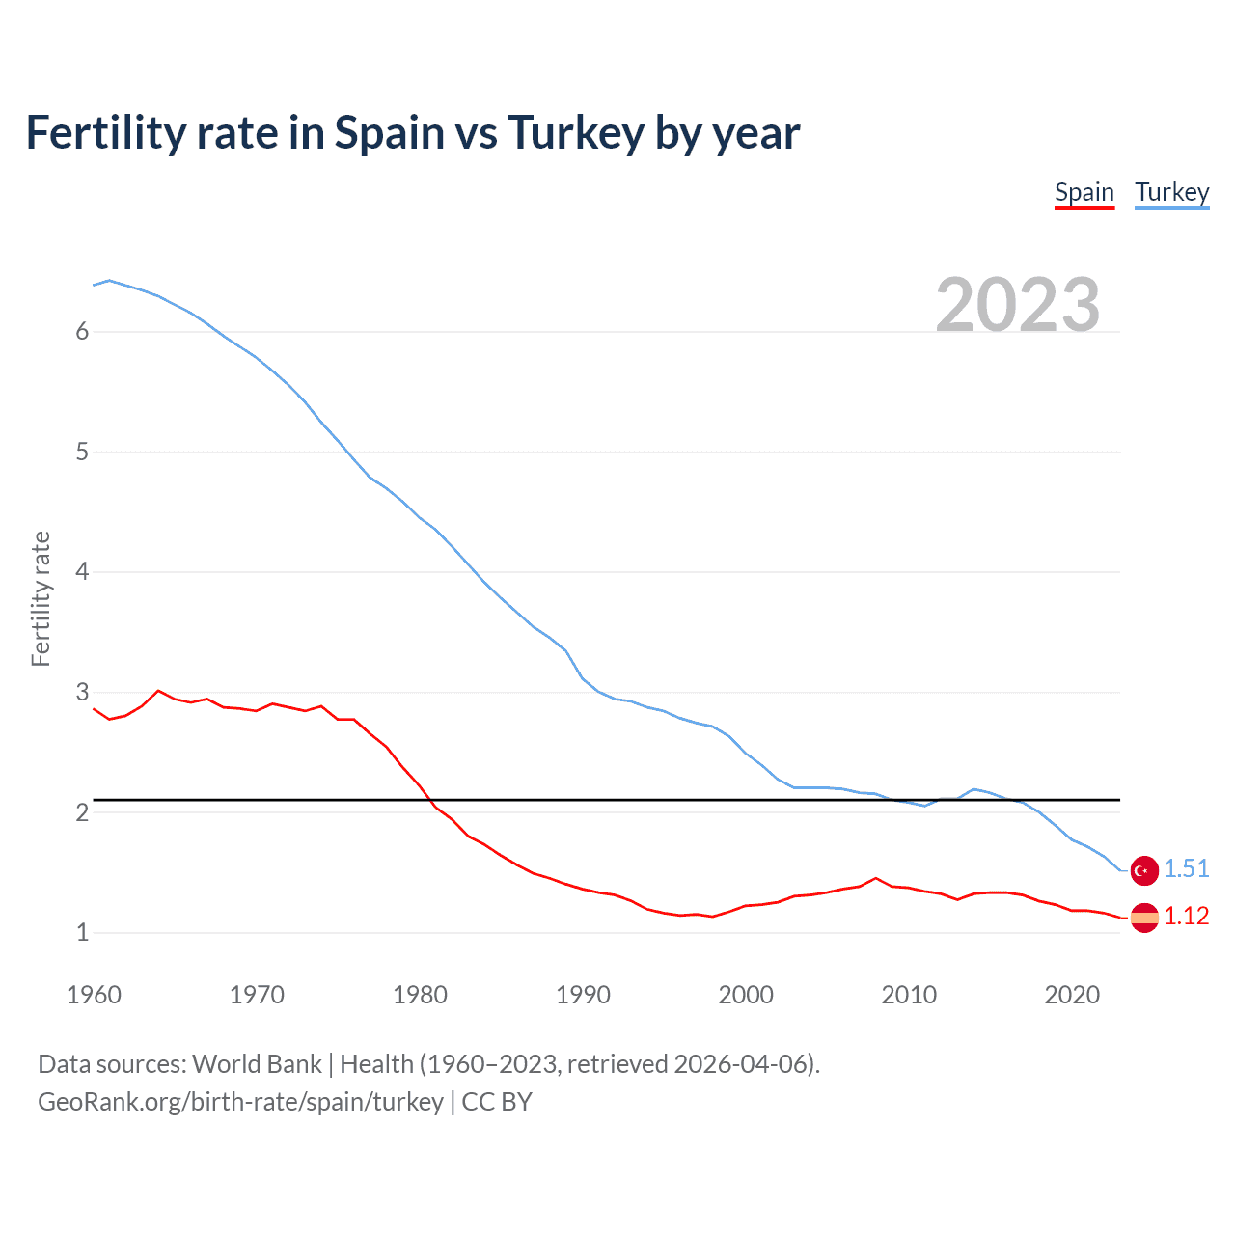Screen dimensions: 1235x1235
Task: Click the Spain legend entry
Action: tap(1084, 192)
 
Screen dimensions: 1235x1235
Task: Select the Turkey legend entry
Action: tap(1171, 192)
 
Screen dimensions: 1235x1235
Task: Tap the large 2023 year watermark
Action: tap(1018, 305)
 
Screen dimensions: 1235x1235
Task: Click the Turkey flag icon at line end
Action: tap(1144, 869)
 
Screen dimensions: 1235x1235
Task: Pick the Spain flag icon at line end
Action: tap(1144, 917)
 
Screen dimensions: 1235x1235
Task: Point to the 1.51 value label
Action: tap(1186, 868)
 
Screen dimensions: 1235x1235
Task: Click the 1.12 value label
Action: tap(1186, 916)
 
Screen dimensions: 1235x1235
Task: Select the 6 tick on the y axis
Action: tap(82, 332)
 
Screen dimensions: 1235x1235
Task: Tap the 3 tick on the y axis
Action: tap(82, 693)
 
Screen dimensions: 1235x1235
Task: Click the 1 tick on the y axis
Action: tap(82, 933)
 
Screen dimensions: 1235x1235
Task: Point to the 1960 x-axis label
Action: tap(94, 995)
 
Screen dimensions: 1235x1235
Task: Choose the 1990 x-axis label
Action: tap(583, 995)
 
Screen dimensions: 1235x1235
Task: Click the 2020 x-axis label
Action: tap(1072, 995)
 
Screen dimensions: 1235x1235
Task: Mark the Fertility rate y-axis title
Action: tap(41, 598)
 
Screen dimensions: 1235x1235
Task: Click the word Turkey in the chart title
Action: tap(575, 133)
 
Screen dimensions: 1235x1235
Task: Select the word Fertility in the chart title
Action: tap(105, 133)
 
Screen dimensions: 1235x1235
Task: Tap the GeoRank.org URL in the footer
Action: tap(240, 1102)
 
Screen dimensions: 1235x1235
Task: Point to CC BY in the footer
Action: tap(497, 1102)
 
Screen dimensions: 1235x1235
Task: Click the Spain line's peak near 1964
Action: tap(158, 690)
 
